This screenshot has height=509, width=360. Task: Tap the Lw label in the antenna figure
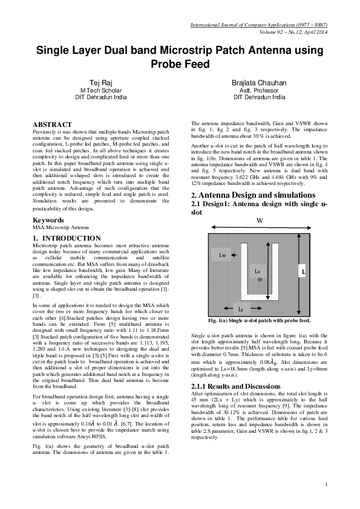pos(223,256)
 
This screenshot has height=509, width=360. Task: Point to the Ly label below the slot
pos(241,309)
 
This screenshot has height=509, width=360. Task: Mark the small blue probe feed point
pos(259,280)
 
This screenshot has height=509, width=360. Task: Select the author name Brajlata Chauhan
pos(258,82)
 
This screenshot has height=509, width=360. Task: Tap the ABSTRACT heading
pos(52,124)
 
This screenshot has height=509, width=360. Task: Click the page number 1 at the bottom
pos(326,484)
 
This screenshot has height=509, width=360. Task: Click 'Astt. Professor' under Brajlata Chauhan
pos(258,89)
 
